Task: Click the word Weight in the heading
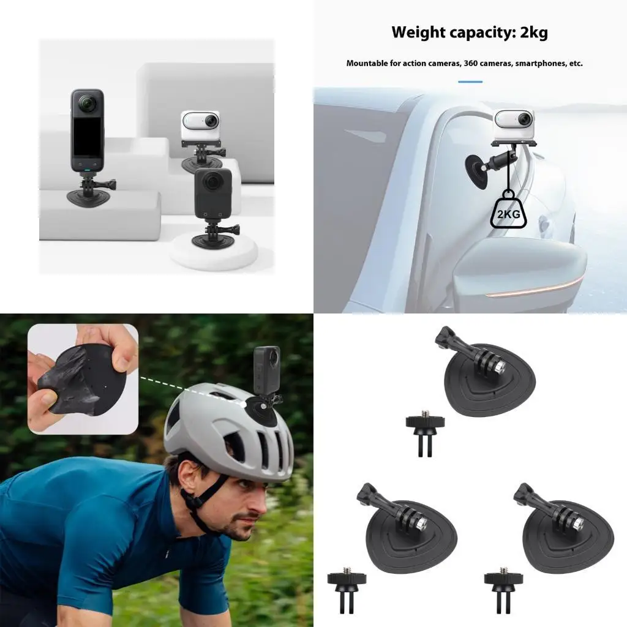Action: pyautogui.click(x=418, y=32)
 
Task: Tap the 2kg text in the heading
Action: pyautogui.click(x=534, y=33)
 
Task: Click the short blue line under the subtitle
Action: pyautogui.click(x=470, y=81)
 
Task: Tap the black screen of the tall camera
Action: pyautogui.click(x=88, y=137)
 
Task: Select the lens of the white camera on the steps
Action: pyautogui.click(x=211, y=120)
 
